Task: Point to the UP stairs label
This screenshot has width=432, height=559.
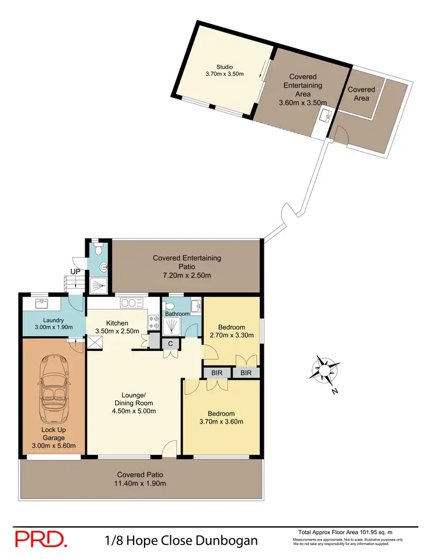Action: coord(75,271)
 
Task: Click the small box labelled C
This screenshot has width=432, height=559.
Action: coord(170,343)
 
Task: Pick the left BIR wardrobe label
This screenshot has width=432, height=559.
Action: coord(217,373)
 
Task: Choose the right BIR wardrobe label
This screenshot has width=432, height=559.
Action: coord(246,373)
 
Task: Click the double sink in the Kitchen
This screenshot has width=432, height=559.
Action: coord(131,303)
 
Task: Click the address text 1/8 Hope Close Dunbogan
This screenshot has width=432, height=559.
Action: coord(181,541)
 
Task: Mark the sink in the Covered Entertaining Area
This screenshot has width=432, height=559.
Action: coord(326,117)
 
